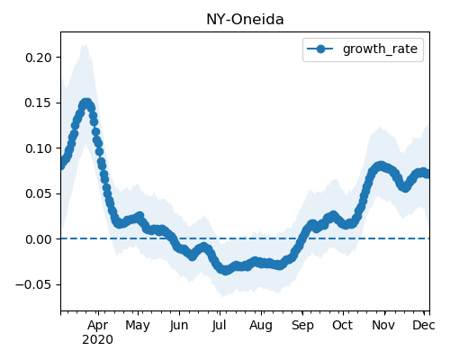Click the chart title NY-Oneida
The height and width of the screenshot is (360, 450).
pyautogui.click(x=245, y=20)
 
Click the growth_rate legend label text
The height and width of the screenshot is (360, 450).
pyautogui.click(x=380, y=49)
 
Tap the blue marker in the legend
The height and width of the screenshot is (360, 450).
pyautogui.click(x=320, y=49)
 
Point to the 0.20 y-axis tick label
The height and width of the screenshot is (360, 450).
pyautogui.click(x=39, y=58)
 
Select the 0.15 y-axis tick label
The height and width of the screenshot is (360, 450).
pyautogui.click(x=39, y=103)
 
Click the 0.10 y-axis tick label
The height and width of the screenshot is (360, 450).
pyautogui.click(x=39, y=148)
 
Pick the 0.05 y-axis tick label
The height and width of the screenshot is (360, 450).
pyautogui.click(x=39, y=193)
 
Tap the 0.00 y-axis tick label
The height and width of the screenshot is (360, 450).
pyautogui.click(x=39, y=239)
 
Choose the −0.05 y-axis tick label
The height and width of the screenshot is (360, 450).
pyautogui.click(x=33, y=284)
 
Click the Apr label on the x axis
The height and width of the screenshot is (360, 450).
pyautogui.click(x=98, y=326)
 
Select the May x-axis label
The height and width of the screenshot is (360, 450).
pyautogui.click(x=138, y=326)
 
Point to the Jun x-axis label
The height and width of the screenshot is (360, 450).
pyautogui.click(x=179, y=326)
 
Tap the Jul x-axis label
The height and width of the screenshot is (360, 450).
pyautogui.click(x=219, y=326)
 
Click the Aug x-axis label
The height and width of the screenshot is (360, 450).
pyautogui.click(x=261, y=326)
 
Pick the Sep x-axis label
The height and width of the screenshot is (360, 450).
pyautogui.click(x=302, y=326)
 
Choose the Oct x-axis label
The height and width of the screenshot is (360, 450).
pyautogui.click(x=343, y=326)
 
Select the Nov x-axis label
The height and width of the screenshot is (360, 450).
pyautogui.click(x=383, y=326)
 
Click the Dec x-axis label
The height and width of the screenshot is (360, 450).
pyautogui.click(x=424, y=326)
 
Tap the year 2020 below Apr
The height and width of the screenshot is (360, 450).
pyautogui.click(x=98, y=340)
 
